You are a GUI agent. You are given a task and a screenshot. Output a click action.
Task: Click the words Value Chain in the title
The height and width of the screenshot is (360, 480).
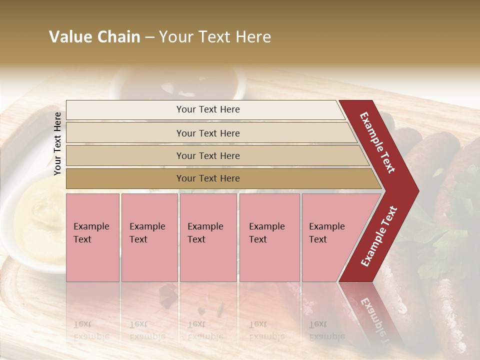94,37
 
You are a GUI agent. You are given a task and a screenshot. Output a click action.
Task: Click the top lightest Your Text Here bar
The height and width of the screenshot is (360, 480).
207,109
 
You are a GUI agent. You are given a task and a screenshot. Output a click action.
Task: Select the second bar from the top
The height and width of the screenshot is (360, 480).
207,133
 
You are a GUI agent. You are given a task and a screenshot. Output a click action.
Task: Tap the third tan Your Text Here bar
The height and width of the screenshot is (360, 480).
207,155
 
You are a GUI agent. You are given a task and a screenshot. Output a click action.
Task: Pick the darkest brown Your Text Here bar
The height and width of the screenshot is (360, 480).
207,178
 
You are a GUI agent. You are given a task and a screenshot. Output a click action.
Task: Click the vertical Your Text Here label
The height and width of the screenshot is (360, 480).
57,143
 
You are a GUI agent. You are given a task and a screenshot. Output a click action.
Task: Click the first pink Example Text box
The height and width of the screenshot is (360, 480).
92,237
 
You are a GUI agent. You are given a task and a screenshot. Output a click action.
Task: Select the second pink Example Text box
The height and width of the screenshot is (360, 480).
149,237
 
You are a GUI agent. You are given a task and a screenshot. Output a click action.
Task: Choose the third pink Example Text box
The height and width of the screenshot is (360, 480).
208,237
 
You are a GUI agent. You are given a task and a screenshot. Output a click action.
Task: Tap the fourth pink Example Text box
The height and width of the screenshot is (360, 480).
269,237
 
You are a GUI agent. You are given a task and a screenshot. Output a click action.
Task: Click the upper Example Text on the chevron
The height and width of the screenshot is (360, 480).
377,142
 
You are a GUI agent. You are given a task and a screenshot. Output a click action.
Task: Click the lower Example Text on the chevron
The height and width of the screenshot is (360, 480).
379,236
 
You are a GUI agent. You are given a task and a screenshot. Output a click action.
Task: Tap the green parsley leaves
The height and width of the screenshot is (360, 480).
450,225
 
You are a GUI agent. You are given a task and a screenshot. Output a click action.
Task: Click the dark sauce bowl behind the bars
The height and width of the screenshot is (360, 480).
177,82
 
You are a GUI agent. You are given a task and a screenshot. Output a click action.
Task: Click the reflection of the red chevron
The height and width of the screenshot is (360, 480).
372,312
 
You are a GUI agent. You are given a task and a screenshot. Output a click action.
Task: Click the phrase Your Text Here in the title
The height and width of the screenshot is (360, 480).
215,37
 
